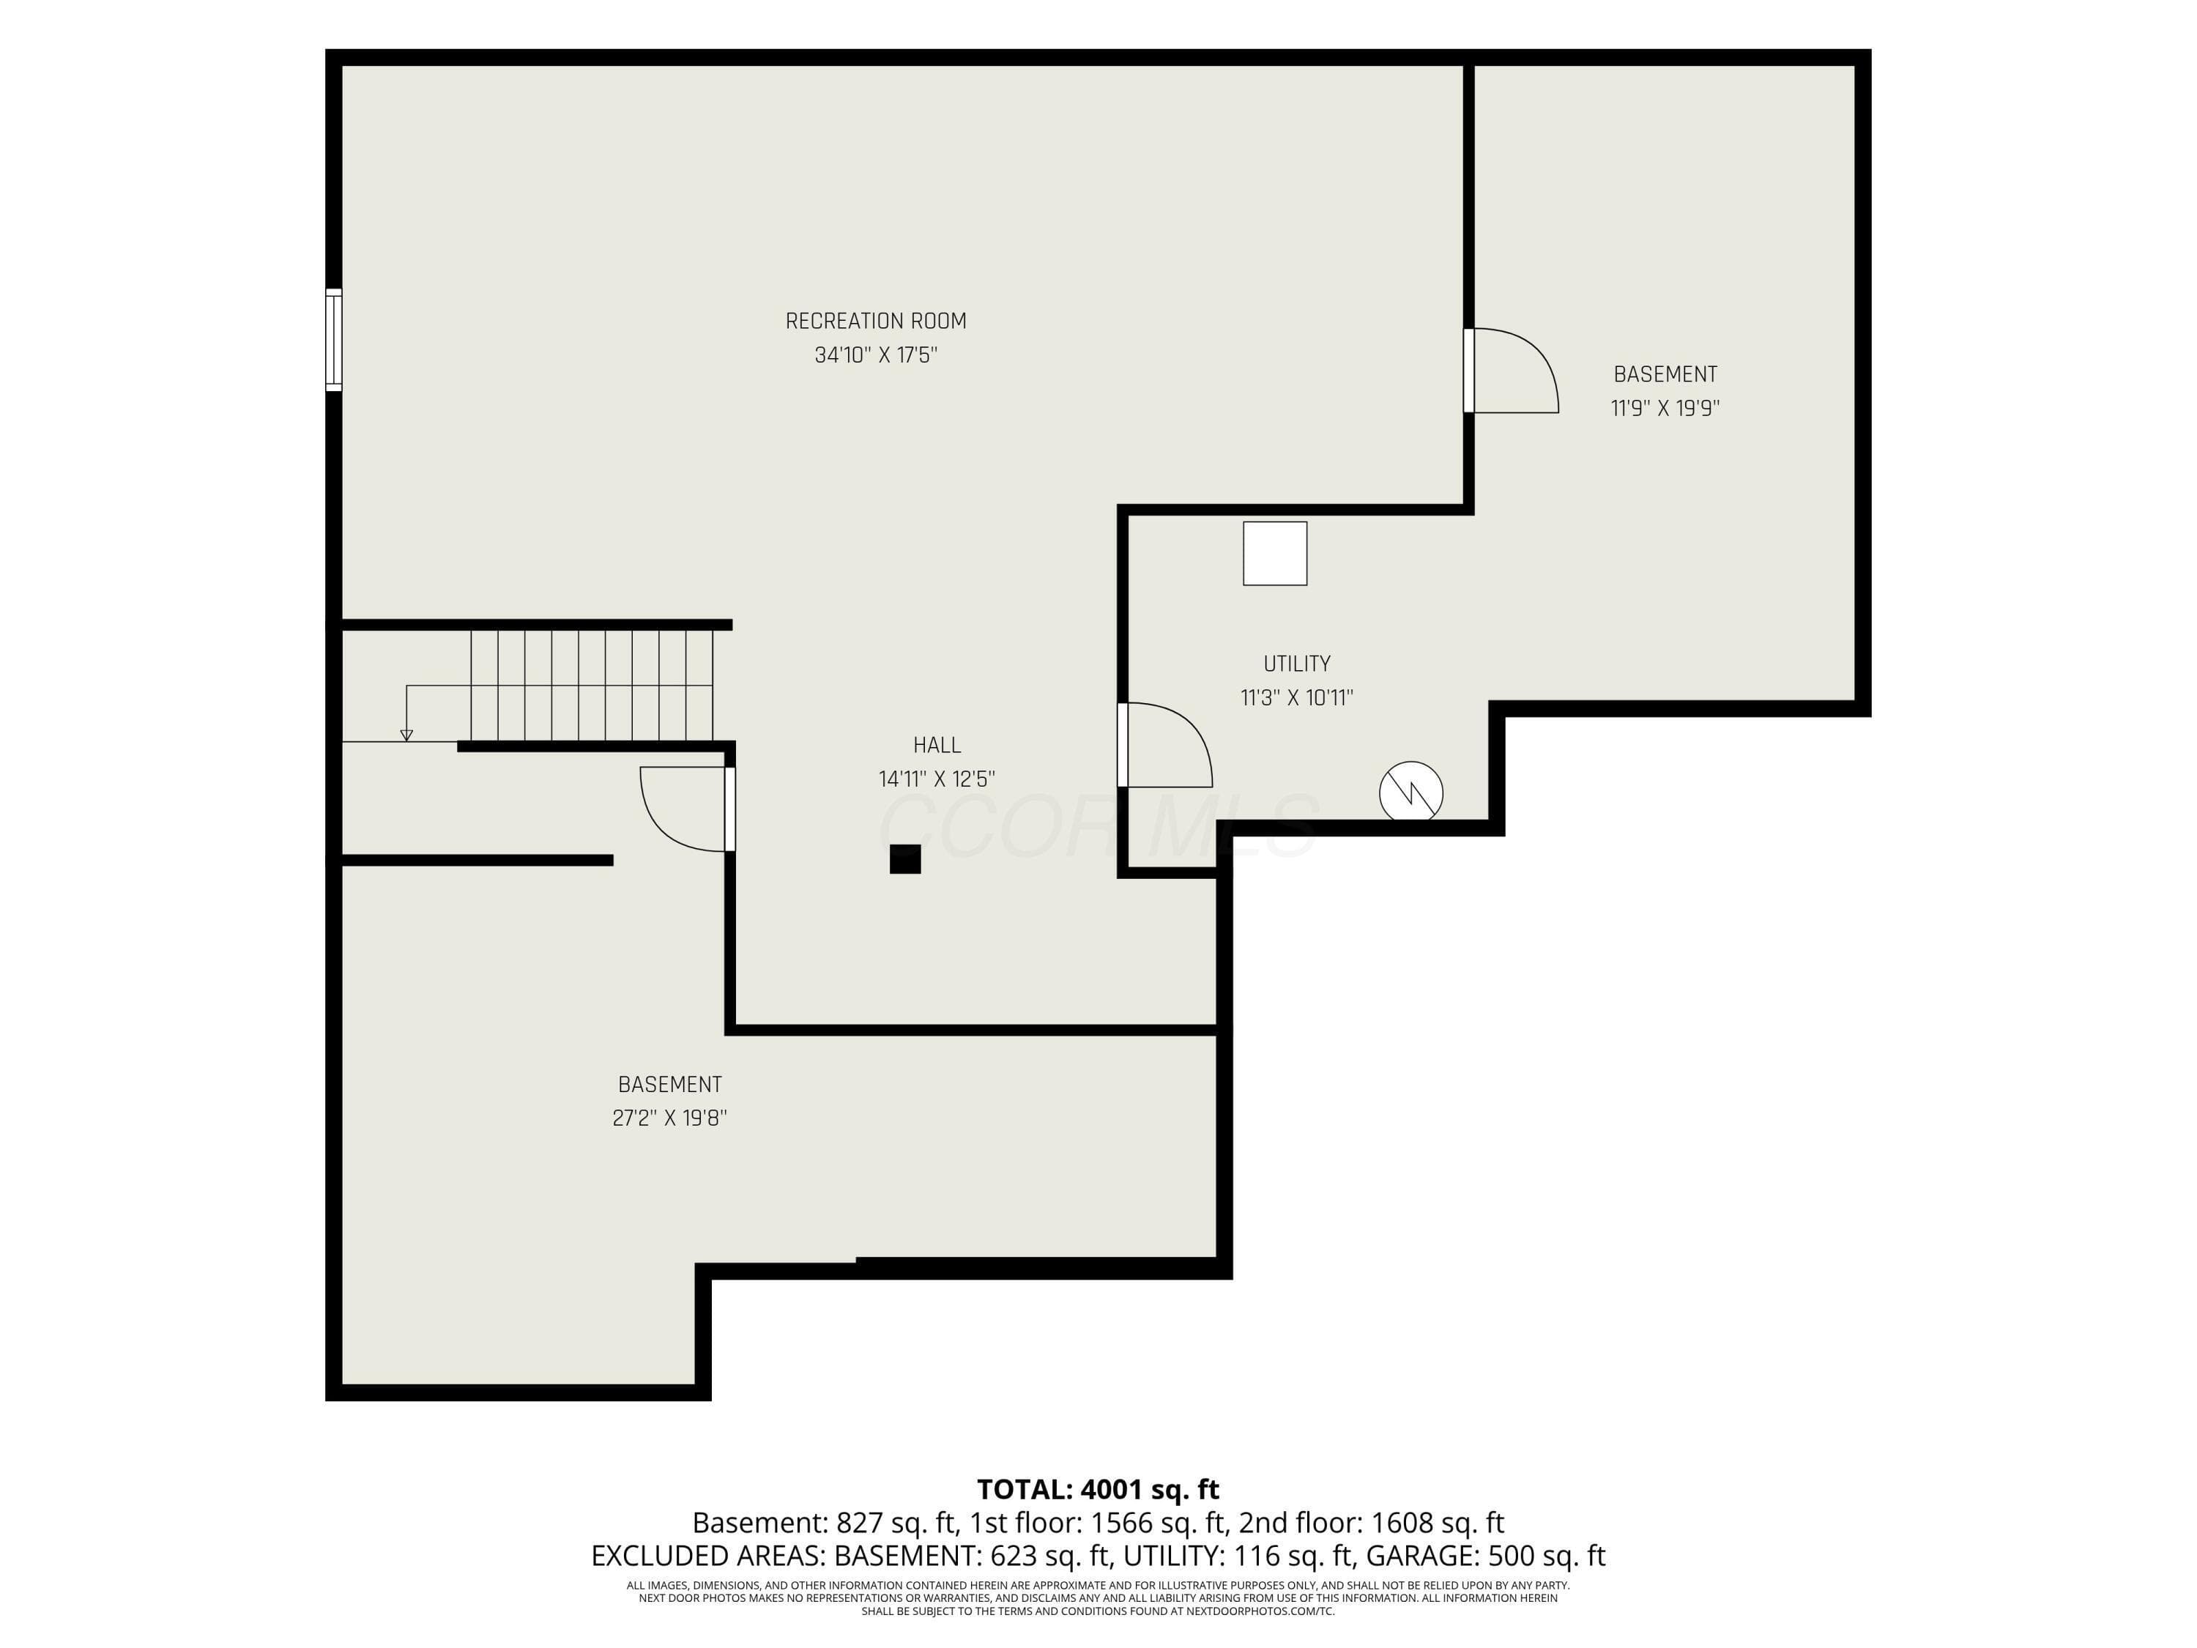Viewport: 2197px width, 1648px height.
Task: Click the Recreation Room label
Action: click(x=875, y=321)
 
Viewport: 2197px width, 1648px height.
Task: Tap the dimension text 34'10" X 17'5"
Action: click(x=875, y=355)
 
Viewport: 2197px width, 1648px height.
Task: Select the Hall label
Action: click(x=937, y=745)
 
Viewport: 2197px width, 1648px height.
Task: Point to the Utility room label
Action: click(x=1296, y=664)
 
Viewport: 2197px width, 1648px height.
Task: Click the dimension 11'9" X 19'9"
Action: click(x=1665, y=407)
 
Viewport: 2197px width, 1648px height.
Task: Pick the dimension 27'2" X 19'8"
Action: click(x=669, y=1118)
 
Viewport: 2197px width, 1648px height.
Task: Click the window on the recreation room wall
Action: click(x=334, y=340)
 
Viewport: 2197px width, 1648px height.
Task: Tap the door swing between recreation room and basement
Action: click(x=1514, y=370)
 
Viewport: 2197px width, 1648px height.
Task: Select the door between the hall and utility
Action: click(x=1167, y=744)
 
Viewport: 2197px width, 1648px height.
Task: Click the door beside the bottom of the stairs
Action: click(x=685, y=809)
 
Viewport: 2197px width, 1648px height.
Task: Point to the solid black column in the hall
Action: click(x=905, y=859)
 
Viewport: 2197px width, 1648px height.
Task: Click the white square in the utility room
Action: click(x=1274, y=553)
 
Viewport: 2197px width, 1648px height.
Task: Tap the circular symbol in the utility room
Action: click(x=1410, y=792)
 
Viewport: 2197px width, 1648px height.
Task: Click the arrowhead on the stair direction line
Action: click(x=406, y=735)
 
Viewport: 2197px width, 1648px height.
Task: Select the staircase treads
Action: click(x=591, y=686)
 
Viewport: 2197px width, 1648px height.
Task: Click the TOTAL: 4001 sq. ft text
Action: click(x=1098, y=1489)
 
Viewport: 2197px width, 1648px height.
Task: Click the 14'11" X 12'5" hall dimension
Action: click(x=937, y=779)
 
